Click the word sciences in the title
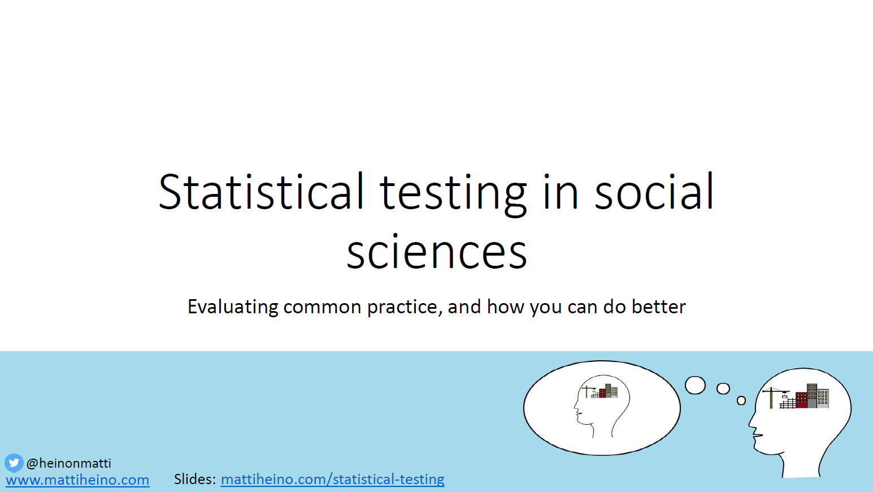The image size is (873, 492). click(437, 252)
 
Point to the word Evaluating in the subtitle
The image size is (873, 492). click(233, 307)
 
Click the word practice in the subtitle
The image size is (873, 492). click(402, 307)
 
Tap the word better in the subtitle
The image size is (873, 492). click(658, 307)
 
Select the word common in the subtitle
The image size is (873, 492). click(322, 307)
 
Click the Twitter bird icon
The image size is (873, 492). click(14, 463)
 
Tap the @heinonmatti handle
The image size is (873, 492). click(69, 463)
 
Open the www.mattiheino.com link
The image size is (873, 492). click(77, 480)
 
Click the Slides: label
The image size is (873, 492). click(194, 479)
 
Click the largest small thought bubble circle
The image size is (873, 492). click(695, 385)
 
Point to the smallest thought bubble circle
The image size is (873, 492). click(741, 400)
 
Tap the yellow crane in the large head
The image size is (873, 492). click(772, 396)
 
